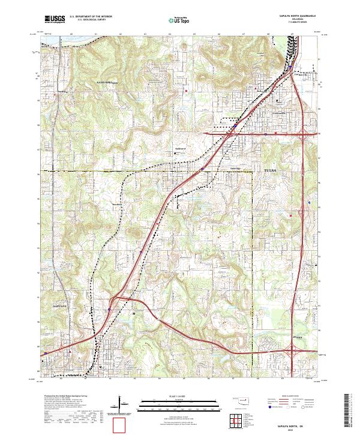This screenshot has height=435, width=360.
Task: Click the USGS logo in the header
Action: (x=55, y=20)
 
